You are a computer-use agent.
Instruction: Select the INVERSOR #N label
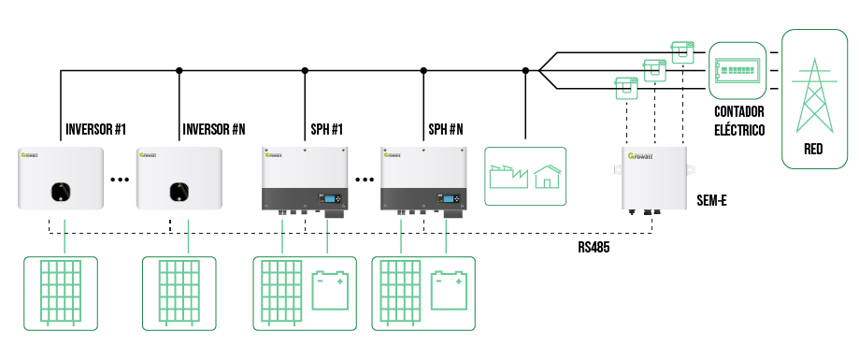coord(214,127)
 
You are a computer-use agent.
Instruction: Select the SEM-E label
coord(713,200)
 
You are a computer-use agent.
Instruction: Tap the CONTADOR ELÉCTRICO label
coord(739,120)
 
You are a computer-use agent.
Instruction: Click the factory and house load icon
coord(526,175)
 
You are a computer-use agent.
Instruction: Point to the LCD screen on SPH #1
coord(330,197)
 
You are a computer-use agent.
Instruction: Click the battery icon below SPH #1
coord(328,289)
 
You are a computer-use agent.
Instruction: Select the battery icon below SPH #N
coord(447,289)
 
